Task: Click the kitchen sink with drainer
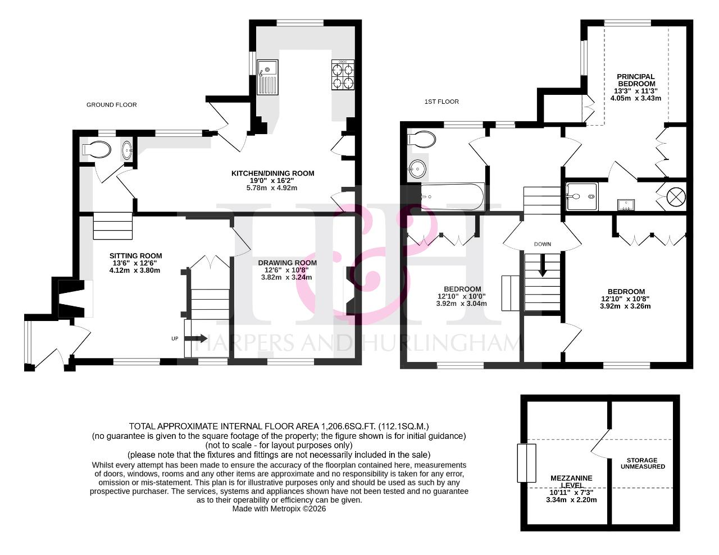pos(268,77)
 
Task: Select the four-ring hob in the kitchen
pos(343,75)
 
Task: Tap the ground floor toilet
pos(96,150)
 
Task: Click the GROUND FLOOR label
pos(112,105)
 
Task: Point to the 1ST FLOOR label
pos(442,102)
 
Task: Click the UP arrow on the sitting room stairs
pos(195,338)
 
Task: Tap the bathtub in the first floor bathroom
pos(452,197)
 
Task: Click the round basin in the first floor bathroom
pos(417,169)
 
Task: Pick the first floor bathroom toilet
pos(421,139)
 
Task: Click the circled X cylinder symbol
pos(676,198)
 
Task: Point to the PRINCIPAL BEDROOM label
pos(636,80)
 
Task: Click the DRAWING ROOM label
pos(287,263)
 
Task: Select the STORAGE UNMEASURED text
pos(643,464)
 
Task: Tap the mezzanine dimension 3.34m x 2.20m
pos(571,500)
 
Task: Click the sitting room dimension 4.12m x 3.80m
pos(135,270)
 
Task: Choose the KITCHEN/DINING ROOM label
pos(272,173)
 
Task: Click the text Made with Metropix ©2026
pos(279,509)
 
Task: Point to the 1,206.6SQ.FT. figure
pos(354,426)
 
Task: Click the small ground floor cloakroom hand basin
pos(128,150)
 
